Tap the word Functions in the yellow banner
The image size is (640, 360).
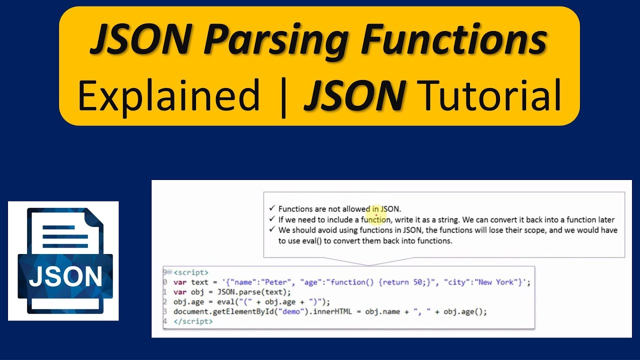coord(453,41)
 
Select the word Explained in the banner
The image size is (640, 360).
coord(168,95)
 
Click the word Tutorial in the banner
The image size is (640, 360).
coord(490,95)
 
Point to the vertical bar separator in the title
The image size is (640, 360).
coord(283,96)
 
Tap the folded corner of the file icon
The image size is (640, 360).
coord(93,220)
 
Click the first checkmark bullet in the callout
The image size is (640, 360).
coord(272,208)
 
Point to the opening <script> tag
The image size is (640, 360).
coord(191,272)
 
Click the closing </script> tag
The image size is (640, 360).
coord(193,321)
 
